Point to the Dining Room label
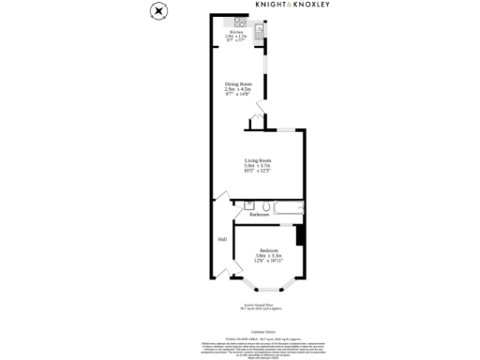point(237,84)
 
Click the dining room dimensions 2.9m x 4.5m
point(237,90)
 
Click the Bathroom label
point(259,215)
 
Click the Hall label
point(222,240)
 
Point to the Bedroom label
point(268,250)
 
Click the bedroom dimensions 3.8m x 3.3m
point(268,257)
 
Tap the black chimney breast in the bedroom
point(300,234)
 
